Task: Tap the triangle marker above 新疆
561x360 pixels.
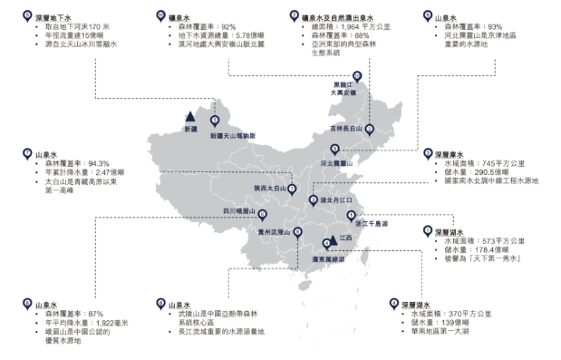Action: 189,118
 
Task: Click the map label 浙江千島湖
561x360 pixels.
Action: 370,222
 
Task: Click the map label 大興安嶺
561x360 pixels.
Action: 347,93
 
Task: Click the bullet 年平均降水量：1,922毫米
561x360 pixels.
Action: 90,324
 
